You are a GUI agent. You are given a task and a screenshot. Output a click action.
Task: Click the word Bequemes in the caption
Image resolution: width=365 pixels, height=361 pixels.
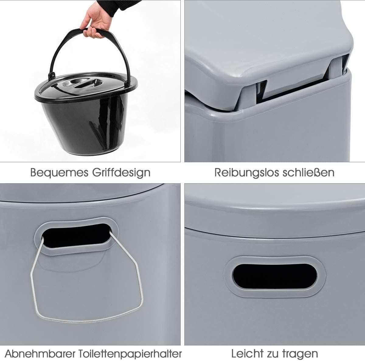(x=59, y=173)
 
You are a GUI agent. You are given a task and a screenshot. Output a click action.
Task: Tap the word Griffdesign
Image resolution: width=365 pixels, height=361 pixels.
(x=121, y=173)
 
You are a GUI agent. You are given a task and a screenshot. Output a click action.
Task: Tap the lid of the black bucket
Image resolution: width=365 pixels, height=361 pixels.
(x=86, y=86)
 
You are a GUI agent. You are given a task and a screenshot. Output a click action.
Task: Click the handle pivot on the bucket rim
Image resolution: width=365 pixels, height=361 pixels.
(x=51, y=76)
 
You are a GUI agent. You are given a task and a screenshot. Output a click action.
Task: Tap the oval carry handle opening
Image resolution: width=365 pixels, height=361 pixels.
(x=275, y=277)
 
